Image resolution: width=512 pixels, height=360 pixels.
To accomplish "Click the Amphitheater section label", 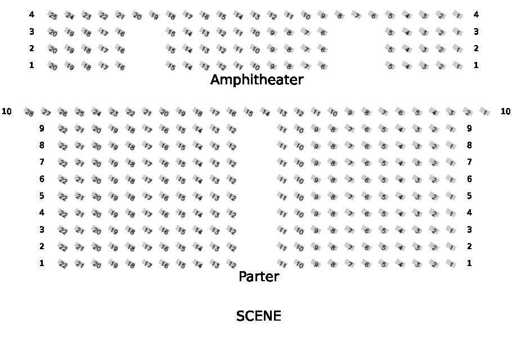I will (257, 80).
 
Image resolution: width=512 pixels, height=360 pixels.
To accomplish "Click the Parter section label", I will (259, 276).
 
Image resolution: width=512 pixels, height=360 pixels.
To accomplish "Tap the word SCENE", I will (258, 316).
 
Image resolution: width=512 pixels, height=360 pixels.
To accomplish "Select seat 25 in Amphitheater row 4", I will (53, 16).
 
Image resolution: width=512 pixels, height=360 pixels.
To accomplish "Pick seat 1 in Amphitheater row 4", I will (458, 16).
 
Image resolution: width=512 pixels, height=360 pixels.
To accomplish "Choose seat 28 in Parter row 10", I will (29, 112).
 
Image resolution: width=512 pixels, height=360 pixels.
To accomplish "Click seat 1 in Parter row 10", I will (485, 112).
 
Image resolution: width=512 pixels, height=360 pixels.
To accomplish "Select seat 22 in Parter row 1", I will (63, 264).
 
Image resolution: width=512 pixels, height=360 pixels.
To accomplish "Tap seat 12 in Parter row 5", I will (232, 197).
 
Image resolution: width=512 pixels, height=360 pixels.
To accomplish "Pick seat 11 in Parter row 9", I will (283, 129).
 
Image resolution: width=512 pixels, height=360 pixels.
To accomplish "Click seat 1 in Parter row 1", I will (451, 264).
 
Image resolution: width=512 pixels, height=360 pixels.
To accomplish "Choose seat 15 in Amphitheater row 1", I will (171, 66).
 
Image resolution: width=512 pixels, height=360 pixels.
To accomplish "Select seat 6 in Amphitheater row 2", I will (323, 49).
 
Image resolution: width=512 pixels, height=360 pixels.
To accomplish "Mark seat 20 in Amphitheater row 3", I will (53, 33).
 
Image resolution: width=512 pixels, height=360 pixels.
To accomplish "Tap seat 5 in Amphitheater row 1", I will (390, 66).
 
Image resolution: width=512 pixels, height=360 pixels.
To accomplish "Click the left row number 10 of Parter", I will (7, 111).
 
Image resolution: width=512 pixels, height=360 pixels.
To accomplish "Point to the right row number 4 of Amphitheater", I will (476, 15).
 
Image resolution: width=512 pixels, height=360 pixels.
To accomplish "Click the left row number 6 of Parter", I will (42, 179).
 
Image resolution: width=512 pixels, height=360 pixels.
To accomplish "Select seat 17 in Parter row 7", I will (147, 163).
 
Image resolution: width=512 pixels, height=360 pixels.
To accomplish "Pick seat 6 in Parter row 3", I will (367, 231).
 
